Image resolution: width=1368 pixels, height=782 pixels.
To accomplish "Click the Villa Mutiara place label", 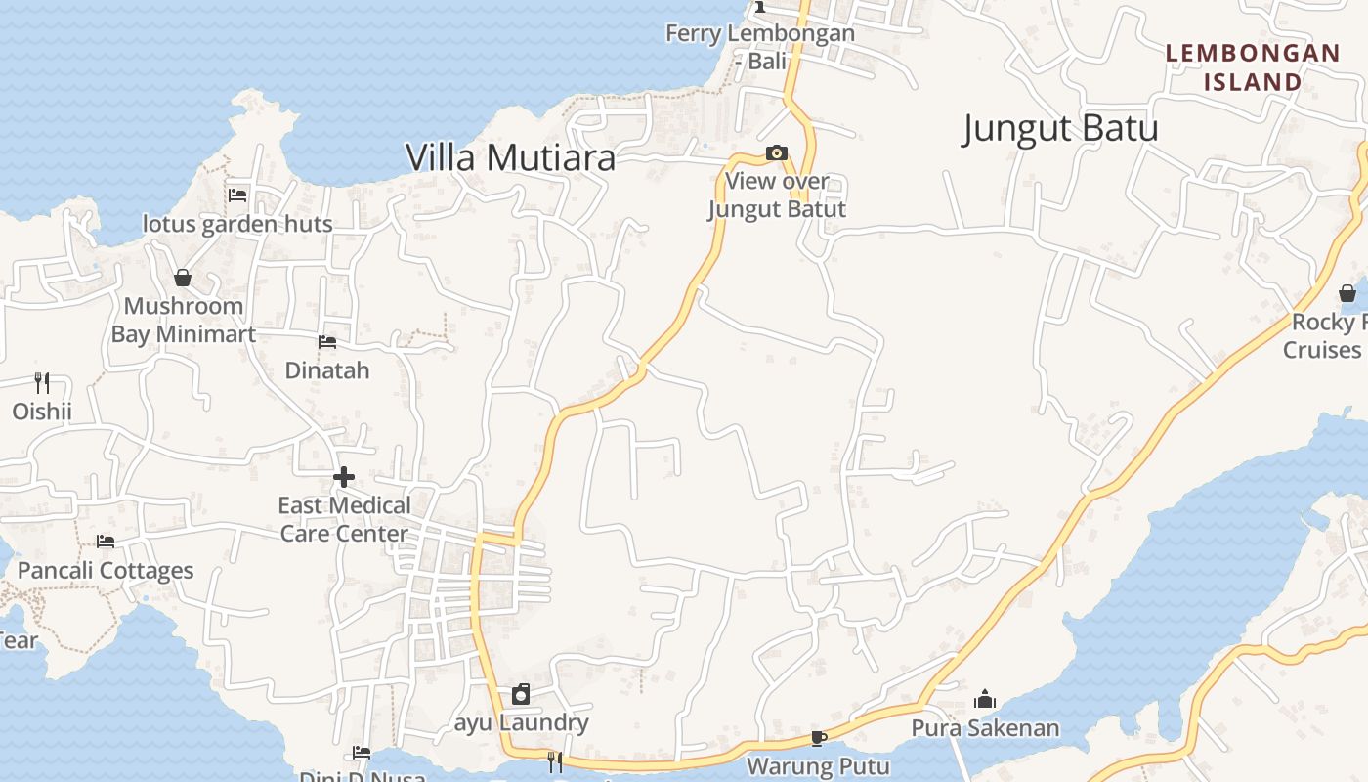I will click(510, 157).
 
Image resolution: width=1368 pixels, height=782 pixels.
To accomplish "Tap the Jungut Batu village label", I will click(1060, 128).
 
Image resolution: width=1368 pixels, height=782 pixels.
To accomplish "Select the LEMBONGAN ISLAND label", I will click(1253, 67).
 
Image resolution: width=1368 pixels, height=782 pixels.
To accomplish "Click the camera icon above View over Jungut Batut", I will click(777, 152).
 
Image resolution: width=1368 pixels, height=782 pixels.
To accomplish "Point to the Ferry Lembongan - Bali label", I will click(760, 47).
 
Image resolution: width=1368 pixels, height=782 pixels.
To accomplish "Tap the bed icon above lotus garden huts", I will click(237, 195).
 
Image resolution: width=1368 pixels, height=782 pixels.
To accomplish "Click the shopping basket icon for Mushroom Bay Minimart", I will click(182, 278).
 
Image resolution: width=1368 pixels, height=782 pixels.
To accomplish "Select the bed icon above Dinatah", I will click(327, 342).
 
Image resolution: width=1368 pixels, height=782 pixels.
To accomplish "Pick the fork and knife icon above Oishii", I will click(41, 382).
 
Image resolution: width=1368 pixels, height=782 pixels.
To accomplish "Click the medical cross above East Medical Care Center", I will click(344, 477).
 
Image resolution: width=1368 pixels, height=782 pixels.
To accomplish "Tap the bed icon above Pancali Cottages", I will click(106, 542).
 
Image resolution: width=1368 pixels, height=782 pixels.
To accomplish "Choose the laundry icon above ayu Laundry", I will click(521, 694).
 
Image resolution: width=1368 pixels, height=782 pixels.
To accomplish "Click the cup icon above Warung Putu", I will click(819, 737).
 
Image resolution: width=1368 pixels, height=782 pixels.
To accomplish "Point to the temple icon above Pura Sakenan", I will click(985, 699).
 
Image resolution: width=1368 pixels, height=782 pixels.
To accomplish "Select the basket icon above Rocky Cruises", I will click(1347, 293).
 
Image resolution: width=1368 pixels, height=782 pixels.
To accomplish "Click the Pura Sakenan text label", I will click(985, 728).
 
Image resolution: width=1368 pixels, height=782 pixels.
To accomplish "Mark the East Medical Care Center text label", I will click(344, 519).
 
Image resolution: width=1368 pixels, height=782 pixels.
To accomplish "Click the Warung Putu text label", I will click(819, 766).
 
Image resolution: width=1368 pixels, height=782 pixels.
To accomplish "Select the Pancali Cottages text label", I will click(106, 570).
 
